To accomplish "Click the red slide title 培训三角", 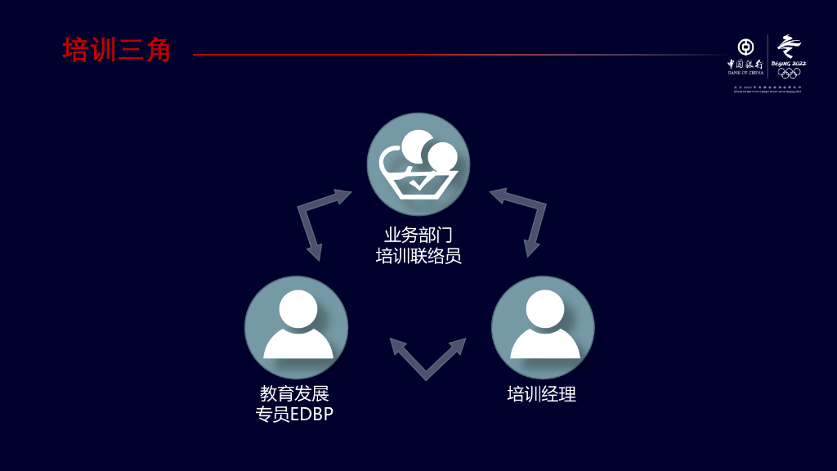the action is point(117,50).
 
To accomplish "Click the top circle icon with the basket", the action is point(418,164).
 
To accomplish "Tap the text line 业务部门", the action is point(418,235).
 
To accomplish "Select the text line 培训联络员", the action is point(418,256).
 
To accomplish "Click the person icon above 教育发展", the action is point(297,327).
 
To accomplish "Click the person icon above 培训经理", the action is point(543,327).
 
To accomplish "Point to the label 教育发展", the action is point(294,394).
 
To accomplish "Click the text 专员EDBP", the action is point(294,415).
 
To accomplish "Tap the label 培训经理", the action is point(542,394).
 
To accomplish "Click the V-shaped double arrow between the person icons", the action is point(427,360).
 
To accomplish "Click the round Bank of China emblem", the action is point(745,47).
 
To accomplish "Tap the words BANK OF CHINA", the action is point(745,73).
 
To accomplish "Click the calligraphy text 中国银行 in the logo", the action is point(745,63).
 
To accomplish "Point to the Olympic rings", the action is point(789,73).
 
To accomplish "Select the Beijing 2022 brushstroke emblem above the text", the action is point(788,46).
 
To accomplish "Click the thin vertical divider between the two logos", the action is point(768,56).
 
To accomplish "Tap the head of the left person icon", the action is point(297,309).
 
